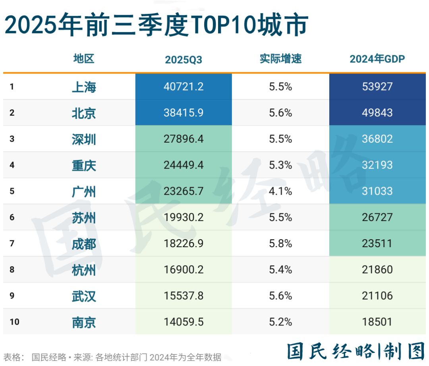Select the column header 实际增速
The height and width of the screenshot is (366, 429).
[280, 59]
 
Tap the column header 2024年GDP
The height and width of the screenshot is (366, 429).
[377, 59]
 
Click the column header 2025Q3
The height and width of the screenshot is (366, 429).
[184, 60]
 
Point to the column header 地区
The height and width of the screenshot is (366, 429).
[84, 59]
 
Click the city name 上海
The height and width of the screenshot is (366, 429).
[84, 87]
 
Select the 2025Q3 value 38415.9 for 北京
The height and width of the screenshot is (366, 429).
[184, 112]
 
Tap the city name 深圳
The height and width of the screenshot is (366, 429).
[84, 139]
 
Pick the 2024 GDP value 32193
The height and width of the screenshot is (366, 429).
[377, 165]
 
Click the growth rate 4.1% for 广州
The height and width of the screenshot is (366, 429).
[280, 191]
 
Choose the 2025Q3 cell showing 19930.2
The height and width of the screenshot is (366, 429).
[184, 217]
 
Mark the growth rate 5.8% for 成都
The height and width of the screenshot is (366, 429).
[280, 243]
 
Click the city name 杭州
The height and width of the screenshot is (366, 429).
[84, 270]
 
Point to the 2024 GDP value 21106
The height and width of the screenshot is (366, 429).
[377, 296]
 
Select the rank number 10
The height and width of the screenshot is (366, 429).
[15, 322]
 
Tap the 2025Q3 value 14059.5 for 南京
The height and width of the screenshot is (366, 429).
[184, 322]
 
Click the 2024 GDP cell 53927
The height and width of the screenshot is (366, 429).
[377, 87]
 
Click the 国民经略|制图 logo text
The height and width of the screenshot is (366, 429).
[356, 351]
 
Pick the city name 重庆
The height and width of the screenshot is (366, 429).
[84, 165]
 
